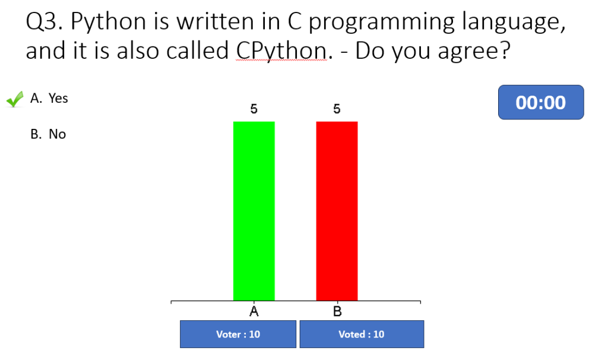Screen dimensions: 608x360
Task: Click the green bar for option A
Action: [x=254, y=211]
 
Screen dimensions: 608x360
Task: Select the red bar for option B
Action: [x=337, y=211]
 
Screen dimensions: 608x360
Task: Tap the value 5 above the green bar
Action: [x=254, y=109]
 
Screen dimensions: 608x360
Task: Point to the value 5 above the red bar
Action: [x=337, y=109]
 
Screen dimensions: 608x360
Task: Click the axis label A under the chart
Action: [x=254, y=311]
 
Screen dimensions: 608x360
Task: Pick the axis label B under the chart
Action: [x=337, y=311]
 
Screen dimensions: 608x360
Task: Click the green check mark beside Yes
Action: [x=15, y=99]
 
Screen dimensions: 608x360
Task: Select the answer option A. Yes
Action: [x=49, y=98]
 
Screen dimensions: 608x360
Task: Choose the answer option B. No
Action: [x=48, y=134]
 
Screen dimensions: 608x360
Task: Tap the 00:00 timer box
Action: [x=541, y=102]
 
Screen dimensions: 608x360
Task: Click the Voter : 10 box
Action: [x=238, y=334]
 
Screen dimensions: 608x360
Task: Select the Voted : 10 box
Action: [x=362, y=334]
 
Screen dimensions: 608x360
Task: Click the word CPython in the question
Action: [x=281, y=51]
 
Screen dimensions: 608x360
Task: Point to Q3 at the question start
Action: [x=44, y=22]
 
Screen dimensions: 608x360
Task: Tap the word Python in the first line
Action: [x=108, y=22]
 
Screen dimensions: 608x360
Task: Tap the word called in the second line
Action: [x=197, y=50]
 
